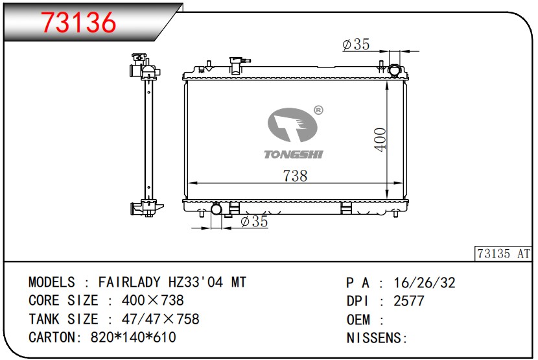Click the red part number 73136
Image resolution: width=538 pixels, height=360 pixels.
point(79,22)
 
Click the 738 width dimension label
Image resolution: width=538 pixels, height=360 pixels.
point(295,176)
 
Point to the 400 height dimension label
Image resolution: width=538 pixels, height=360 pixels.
point(380,139)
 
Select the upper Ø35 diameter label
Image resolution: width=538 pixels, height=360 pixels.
point(356,44)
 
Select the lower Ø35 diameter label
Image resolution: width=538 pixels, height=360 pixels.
point(254,222)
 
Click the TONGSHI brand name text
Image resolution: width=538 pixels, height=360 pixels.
point(294,154)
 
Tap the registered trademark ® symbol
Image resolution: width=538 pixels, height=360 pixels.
point(318,110)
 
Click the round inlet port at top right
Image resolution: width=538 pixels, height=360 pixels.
point(394,71)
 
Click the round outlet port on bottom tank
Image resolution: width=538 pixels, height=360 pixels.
point(216,209)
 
